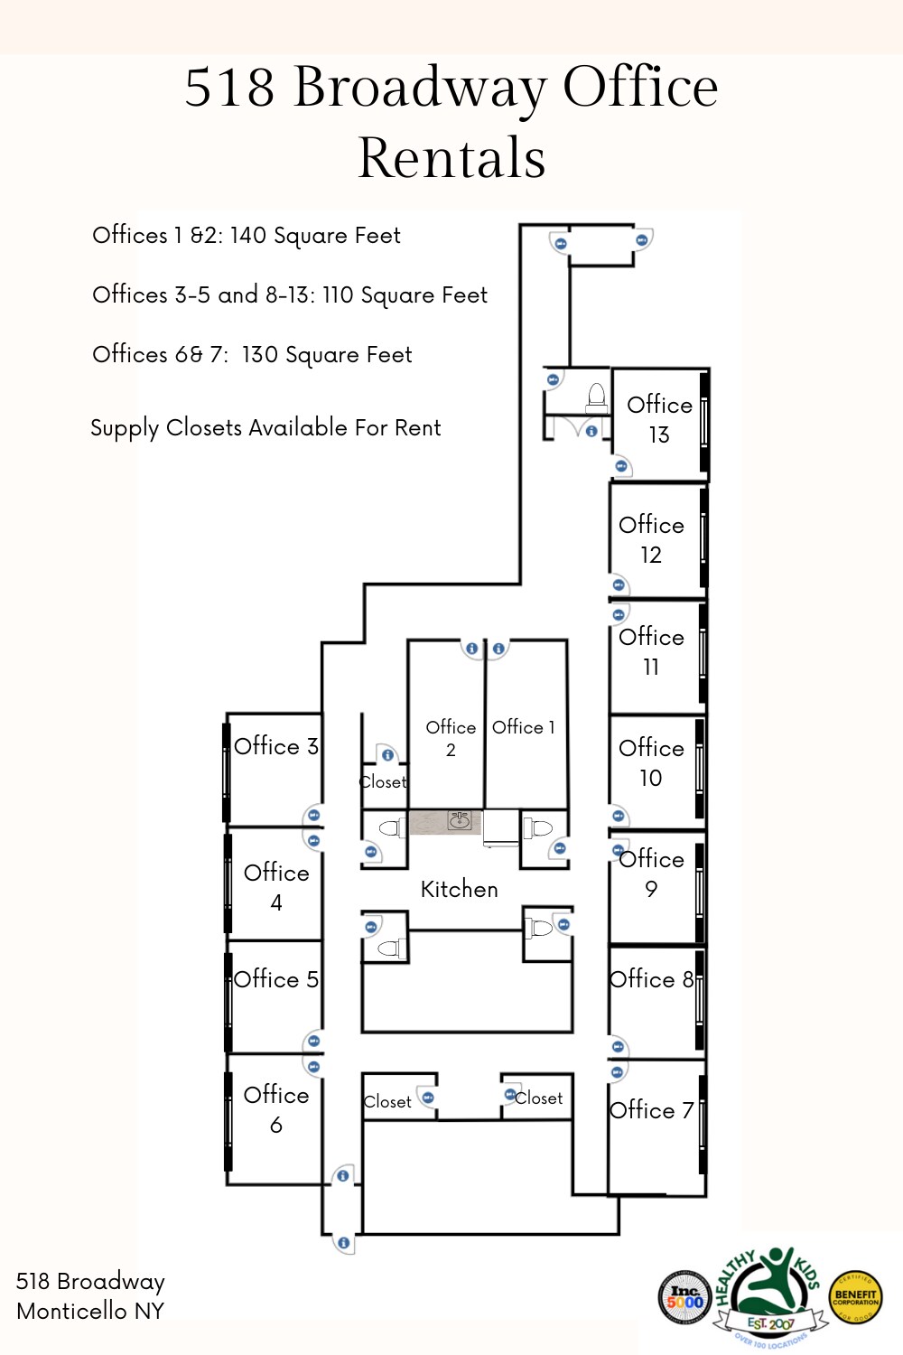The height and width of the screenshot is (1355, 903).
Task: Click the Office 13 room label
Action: pyautogui.click(x=659, y=419)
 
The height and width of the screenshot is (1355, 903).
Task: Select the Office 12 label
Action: pyautogui.click(x=651, y=539)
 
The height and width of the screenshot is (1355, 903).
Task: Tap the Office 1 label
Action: pyautogui.click(x=524, y=727)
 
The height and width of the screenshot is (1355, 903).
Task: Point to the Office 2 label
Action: pyautogui.click(x=451, y=738)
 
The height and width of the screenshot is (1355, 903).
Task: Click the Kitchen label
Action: pyautogui.click(x=459, y=890)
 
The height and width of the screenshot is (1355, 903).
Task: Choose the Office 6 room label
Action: pyautogui.click(x=276, y=1109)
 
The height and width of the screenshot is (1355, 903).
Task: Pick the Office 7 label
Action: pyautogui.click(x=651, y=1110)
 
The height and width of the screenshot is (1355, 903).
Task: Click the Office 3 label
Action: pyautogui.click(x=275, y=746)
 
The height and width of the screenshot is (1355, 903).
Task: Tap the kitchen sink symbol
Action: pyautogui.click(x=460, y=820)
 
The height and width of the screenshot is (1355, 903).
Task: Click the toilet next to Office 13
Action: pyautogui.click(x=596, y=397)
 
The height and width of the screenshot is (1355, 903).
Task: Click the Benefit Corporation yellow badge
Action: pyautogui.click(x=855, y=1298)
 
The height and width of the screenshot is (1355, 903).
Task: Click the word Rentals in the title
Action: pyautogui.click(x=451, y=158)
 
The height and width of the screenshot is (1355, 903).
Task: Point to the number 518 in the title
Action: pyautogui.click(x=229, y=88)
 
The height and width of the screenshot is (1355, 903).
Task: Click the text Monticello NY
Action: pyautogui.click(x=90, y=1311)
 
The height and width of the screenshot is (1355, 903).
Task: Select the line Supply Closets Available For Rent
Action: pyautogui.click(x=265, y=428)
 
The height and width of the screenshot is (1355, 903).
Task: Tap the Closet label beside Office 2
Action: pyautogui.click(x=383, y=782)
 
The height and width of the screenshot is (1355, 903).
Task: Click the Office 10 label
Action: pyautogui.click(x=651, y=762)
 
